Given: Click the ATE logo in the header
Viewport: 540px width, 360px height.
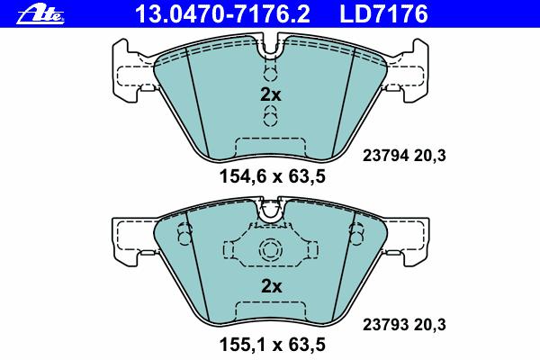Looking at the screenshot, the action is tap(40, 15).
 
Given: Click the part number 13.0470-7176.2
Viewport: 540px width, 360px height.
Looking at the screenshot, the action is tap(222, 13).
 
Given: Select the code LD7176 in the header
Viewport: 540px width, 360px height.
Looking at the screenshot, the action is tap(383, 13).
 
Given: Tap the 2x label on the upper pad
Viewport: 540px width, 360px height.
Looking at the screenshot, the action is tap(271, 94).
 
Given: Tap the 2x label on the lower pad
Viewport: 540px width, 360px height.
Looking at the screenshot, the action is tap(272, 286).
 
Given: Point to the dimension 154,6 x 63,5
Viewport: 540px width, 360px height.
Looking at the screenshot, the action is tap(272, 176).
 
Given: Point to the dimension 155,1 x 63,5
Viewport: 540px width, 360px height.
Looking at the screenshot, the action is tap(272, 345).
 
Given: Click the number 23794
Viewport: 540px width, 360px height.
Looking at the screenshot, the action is tap(385, 156).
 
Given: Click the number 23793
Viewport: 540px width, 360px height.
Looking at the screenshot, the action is tap(385, 325).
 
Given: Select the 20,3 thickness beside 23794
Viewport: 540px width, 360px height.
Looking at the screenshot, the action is tap(430, 156).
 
